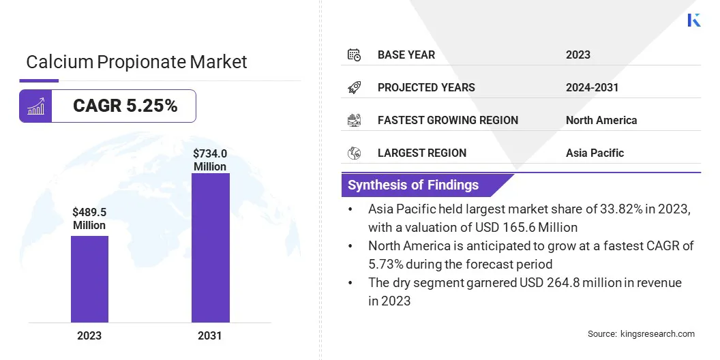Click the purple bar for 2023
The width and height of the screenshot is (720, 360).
coord(89,279)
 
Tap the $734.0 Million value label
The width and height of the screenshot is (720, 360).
coord(210,160)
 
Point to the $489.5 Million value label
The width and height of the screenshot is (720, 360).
coord(89,219)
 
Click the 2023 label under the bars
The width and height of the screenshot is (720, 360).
coord(89,335)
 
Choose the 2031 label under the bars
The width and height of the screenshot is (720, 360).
coord(210,335)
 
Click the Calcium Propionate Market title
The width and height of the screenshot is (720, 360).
coord(136,62)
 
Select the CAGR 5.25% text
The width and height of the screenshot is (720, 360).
coord(125,106)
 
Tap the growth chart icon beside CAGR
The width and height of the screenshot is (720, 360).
coord(35,106)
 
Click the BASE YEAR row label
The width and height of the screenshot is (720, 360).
coord(406,55)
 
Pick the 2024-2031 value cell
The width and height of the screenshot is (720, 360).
coord(592,87)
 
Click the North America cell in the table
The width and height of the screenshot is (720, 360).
coord(601,120)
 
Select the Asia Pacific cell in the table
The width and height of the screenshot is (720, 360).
coord(595,153)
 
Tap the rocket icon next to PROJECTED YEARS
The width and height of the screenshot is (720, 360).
coord(354,87)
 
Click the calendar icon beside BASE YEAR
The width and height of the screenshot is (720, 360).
coord(354,55)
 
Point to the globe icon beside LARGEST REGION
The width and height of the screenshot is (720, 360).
coord(354,153)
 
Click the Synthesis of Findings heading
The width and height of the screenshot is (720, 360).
coord(413,185)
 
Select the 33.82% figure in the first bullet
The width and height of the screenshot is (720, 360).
coord(587,209)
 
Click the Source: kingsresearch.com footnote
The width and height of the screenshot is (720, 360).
coord(641,334)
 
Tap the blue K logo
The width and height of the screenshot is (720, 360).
coord(694,20)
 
